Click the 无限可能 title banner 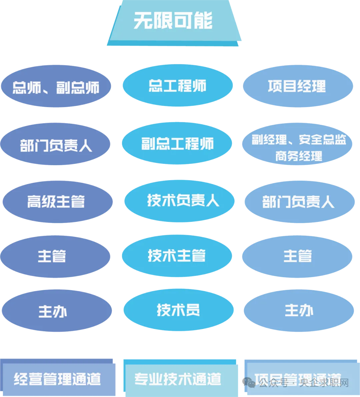174,21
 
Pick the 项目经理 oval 297,86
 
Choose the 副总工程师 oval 177,144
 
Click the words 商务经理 299,156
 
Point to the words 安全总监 322,139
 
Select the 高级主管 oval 56,202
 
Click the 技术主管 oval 177,256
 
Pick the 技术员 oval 178,310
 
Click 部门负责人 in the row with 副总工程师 56,145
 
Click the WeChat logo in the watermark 249,382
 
